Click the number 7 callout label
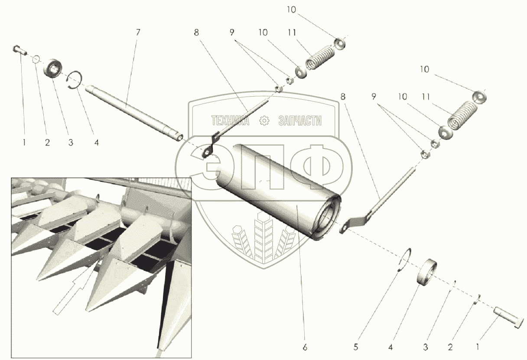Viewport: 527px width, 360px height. coord(138,32)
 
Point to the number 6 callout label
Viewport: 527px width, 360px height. coord(305,347)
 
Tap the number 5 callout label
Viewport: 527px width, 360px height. coord(355,347)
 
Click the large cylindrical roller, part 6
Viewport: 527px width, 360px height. coord(278,191)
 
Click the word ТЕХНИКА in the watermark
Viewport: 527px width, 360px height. coord(230,121)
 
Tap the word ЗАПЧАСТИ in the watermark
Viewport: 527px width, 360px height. coord(300,121)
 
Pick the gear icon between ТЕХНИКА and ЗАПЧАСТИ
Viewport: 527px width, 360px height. coord(264,121)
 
